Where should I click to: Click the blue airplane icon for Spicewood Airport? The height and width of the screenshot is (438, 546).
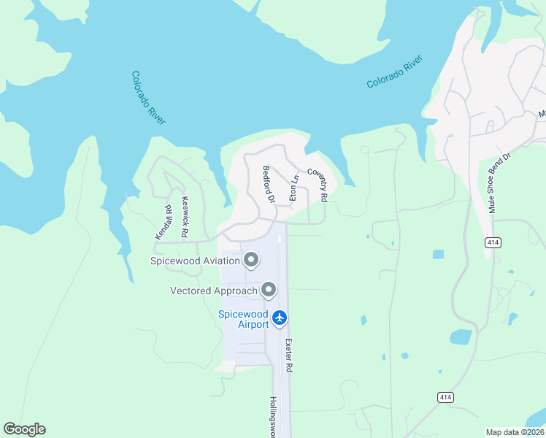279,318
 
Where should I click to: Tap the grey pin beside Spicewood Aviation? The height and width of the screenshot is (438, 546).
251,260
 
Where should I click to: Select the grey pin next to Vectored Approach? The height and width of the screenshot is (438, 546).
269,291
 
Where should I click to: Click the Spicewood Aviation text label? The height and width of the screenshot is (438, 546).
196,261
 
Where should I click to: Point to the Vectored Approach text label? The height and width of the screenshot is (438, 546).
214,291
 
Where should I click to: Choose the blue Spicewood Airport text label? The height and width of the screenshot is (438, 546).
243,319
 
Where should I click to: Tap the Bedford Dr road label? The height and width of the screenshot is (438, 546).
268,184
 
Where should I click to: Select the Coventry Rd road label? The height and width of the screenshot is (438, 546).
318,185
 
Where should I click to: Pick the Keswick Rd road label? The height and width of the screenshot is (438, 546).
185,217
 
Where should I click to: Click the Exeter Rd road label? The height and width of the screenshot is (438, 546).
289,356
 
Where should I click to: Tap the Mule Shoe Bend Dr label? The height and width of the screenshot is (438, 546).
499,183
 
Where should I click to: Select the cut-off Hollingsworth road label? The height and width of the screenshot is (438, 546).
273,417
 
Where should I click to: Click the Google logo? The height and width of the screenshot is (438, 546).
24,429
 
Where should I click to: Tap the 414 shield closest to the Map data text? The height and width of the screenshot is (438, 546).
446,396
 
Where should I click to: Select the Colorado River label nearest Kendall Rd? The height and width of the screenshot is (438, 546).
148,98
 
